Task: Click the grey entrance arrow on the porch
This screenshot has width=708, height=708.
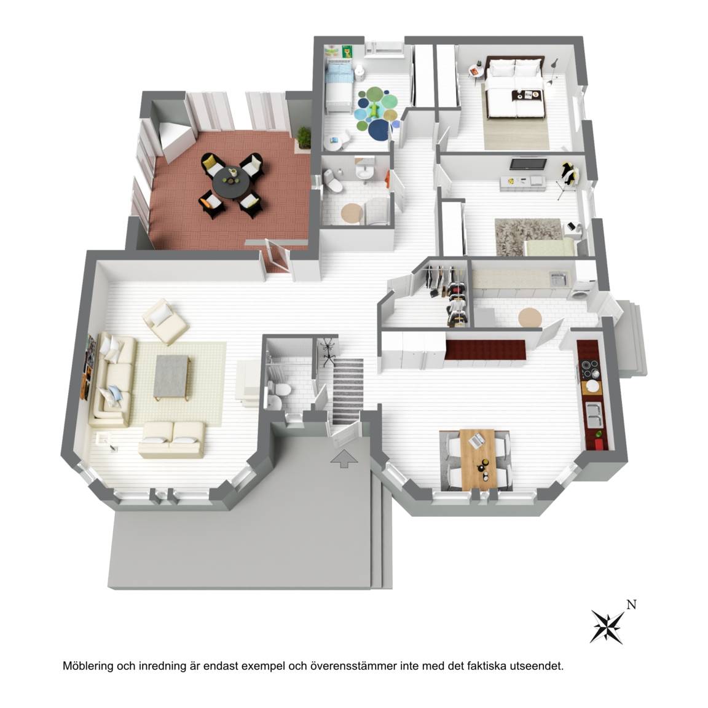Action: pyautogui.click(x=345, y=458)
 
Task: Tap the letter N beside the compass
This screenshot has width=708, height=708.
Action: pyautogui.click(x=631, y=605)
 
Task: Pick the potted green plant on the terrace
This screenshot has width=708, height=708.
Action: pyautogui.click(x=304, y=137)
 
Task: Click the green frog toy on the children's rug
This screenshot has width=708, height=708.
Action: pyautogui.click(x=374, y=111)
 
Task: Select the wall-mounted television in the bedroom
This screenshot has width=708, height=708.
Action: pyautogui.click(x=528, y=163)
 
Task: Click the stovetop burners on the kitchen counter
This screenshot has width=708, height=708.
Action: pyautogui.click(x=589, y=369)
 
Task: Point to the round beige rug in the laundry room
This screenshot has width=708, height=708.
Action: pyautogui.click(x=530, y=317)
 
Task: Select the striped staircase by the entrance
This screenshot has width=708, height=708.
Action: pyautogui.click(x=348, y=391)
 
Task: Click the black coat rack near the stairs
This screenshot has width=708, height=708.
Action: pyautogui.click(x=328, y=350)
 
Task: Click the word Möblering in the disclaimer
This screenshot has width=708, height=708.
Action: pyautogui.click(x=88, y=666)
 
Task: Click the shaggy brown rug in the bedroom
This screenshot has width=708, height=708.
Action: pyautogui.click(x=528, y=236)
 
